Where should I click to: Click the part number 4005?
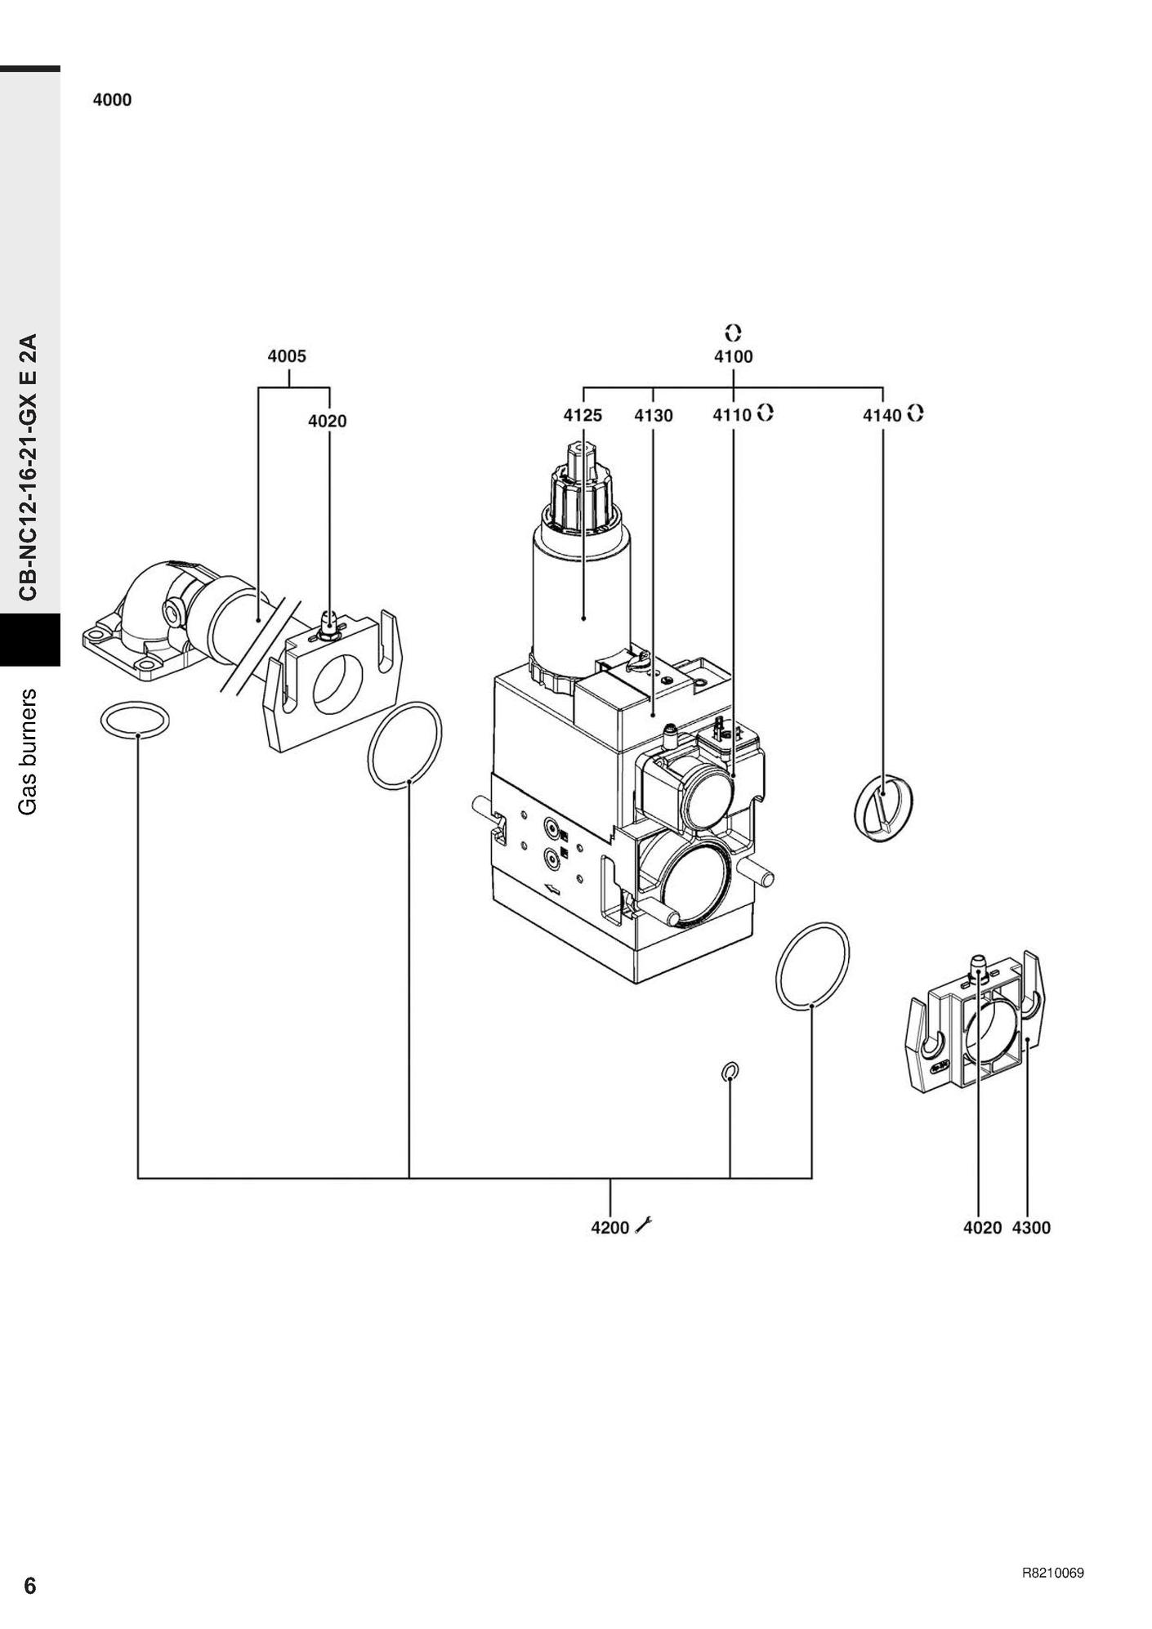click(x=287, y=356)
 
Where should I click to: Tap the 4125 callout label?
click(x=583, y=415)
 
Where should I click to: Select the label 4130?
click(x=654, y=415)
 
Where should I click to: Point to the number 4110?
click(x=731, y=415)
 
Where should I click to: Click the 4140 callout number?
click(x=882, y=415)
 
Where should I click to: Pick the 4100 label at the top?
click(x=733, y=356)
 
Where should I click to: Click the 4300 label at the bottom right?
click(x=1031, y=1227)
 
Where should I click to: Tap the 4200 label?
click(x=610, y=1227)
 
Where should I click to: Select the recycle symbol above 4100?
click(x=733, y=332)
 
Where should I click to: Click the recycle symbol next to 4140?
click(x=915, y=413)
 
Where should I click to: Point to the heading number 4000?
click(x=112, y=100)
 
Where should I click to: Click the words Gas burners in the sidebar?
click(x=29, y=751)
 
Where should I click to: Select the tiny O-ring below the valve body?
click(x=730, y=1070)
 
